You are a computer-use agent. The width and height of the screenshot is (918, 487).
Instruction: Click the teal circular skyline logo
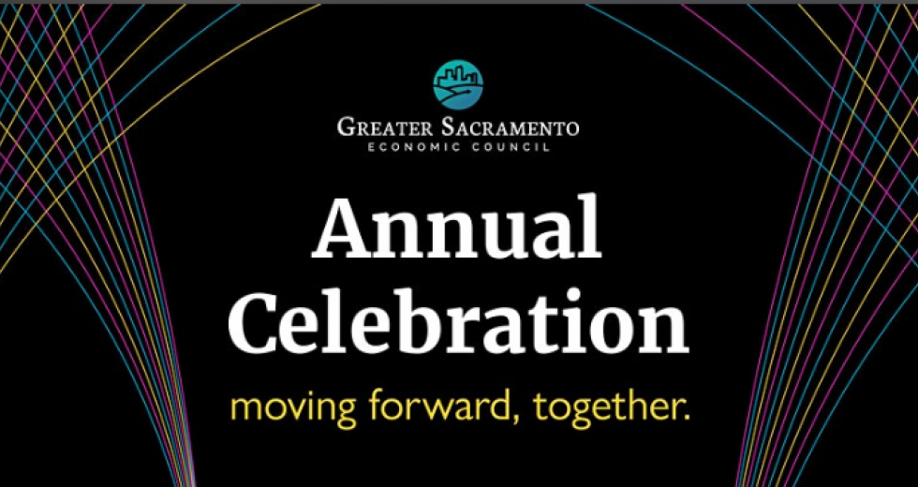click(x=458, y=84)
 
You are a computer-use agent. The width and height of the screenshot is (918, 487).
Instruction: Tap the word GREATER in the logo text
click(x=384, y=127)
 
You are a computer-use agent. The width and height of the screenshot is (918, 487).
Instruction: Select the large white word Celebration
click(x=458, y=320)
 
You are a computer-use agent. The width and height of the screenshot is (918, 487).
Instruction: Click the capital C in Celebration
click(x=257, y=322)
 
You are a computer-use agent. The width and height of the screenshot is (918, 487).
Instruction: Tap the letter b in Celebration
click(x=414, y=320)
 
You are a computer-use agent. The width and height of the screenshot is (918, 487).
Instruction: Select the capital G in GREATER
click(x=346, y=127)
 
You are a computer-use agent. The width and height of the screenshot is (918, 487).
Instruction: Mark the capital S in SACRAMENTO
click(x=446, y=127)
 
